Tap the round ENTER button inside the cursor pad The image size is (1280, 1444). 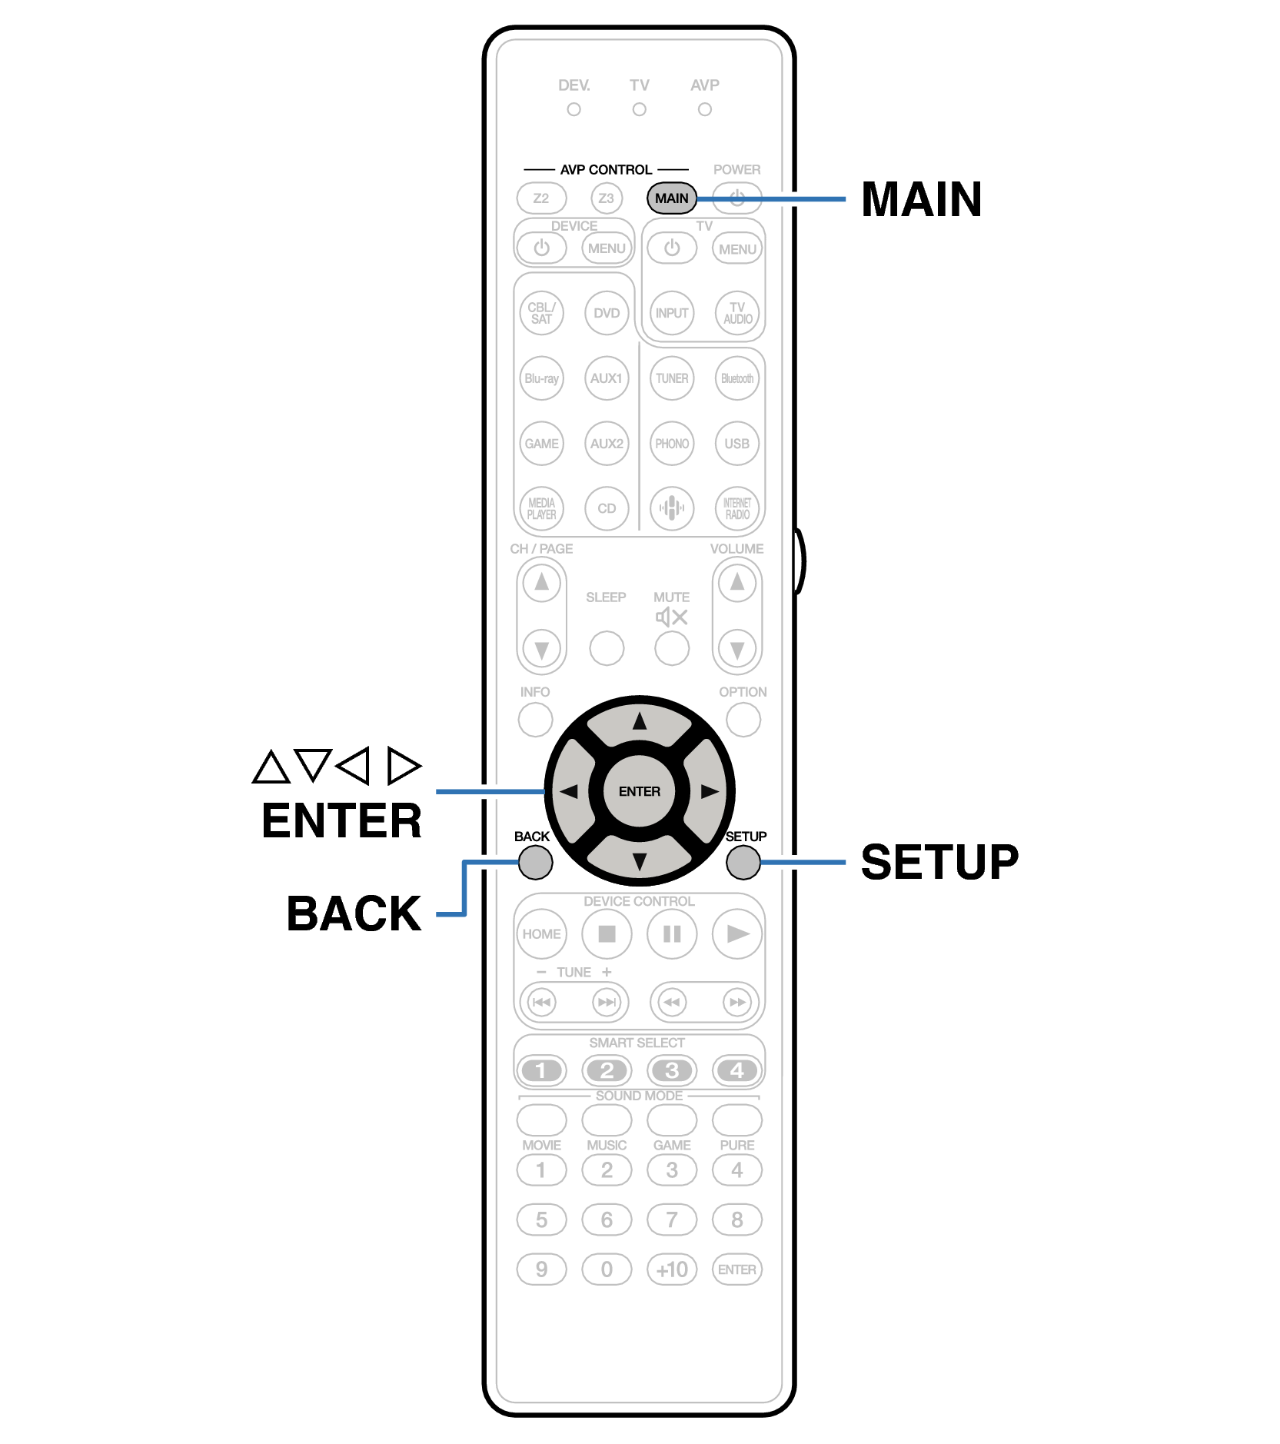click(x=639, y=791)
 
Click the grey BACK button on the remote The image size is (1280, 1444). click(x=535, y=862)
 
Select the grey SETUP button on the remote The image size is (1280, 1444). click(x=743, y=862)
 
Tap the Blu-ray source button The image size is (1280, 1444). click(x=541, y=378)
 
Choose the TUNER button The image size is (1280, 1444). click(x=672, y=378)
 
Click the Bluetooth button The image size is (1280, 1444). click(x=737, y=378)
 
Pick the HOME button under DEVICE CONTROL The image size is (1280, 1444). click(x=541, y=934)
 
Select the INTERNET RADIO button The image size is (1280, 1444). click(x=737, y=508)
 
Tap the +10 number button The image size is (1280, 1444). click(x=672, y=1269)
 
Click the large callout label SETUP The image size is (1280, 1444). click(x=939, y=862)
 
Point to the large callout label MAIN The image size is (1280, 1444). click(x=921, y=200)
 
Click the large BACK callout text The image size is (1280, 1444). click(x=354, y=914)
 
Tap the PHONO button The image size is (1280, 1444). click(x=672, y=444)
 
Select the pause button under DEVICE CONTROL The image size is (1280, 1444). click(x=672, y=934)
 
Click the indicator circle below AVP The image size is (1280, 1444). click(x=704, y=110)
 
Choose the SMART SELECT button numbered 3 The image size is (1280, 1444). click(x=672, y=1070)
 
